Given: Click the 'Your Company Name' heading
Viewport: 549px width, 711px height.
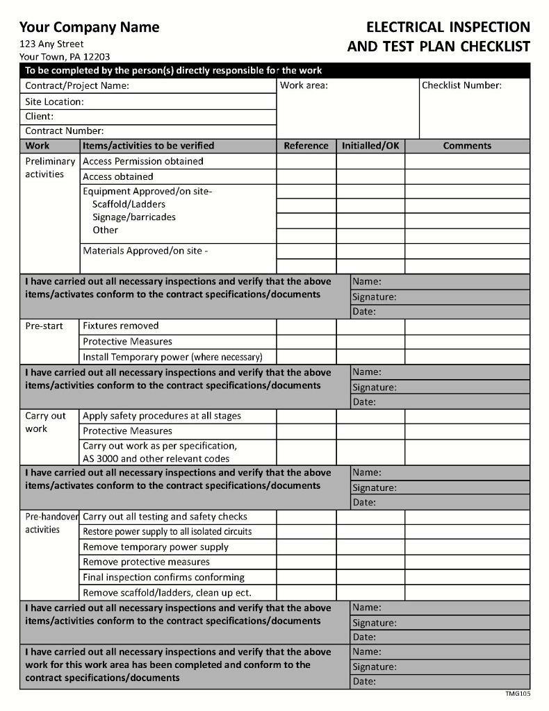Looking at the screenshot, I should (x=89, y=28).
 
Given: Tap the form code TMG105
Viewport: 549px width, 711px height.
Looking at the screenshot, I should (x=518, y=694).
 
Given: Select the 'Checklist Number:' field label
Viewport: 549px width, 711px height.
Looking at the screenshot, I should (x=461, y=85).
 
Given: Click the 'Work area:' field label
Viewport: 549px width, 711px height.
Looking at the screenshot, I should (x=304, y=85).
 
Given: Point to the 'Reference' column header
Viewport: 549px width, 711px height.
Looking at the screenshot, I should (x=306, y=146).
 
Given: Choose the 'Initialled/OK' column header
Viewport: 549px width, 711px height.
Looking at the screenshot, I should (x=370, y=146).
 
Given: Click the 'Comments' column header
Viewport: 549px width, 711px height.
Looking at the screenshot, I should (x=467, y=146).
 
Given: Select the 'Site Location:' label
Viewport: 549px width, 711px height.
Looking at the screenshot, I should (x=54, y=101).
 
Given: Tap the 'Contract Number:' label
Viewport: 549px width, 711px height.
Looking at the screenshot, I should (x=64, y=131).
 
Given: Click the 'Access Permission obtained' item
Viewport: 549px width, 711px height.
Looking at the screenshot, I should (x=142, y=161).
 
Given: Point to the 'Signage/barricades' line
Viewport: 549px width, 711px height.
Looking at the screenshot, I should (x=133, y=217).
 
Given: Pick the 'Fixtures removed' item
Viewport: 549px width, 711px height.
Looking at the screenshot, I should (x=120, y=326).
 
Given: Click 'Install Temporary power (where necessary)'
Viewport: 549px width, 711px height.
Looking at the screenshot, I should (x=172, y=357).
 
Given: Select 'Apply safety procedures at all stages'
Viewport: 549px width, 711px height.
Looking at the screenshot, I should (x=161, y=416).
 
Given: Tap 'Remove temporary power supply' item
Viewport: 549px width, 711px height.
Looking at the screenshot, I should (x=155, y=547).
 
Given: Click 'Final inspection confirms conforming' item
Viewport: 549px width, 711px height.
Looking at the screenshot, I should (x=163, y=577).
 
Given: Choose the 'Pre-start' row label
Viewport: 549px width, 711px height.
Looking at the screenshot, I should (x=44, y=326).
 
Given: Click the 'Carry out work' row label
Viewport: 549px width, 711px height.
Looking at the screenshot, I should (x=45, y=422).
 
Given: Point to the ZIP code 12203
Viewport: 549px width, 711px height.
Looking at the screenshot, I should (x=97, y=57).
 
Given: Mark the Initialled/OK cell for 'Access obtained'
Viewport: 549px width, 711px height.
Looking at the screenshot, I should (x=370, y=176).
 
